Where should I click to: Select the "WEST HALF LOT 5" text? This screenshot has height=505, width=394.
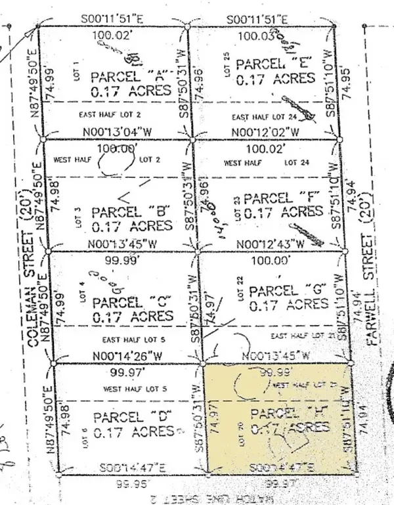click(135, 389)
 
